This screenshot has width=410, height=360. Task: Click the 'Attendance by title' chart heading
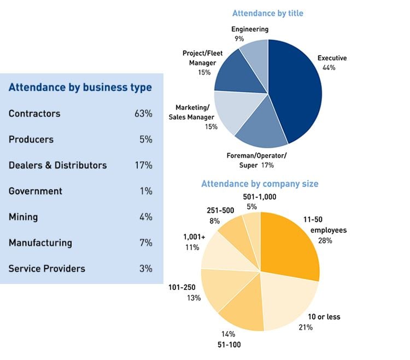[x=268, y=13]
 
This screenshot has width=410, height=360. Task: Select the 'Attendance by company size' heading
[x=260, y=184]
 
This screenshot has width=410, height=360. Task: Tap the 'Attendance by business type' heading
[x=80, y=88]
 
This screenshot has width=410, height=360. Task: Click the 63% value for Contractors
[x=143, y=114]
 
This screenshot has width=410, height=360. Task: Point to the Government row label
[x=36, y=191]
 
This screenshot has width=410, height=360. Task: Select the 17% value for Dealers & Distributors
[x=143, y=165]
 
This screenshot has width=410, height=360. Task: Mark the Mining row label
[x=24, y=217]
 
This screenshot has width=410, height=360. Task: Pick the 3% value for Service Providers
[x=145, y=269]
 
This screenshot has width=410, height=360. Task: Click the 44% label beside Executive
[x=329, y=68]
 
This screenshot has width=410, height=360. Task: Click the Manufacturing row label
[x=40, y=243]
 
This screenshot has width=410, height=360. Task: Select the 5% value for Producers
[x=145, y=140]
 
